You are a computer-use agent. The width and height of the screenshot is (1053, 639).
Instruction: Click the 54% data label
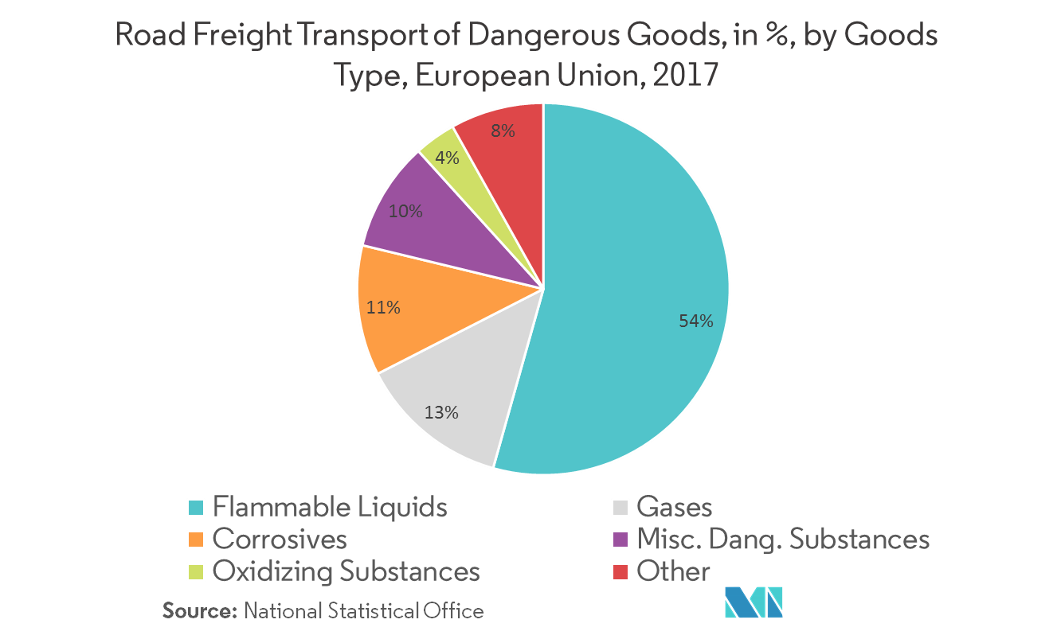coord(695,321)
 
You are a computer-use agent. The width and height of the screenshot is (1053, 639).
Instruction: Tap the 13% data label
coord(440,412)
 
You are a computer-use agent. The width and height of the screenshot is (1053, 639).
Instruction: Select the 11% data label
coord(382,306)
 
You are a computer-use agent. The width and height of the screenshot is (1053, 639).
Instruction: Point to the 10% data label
coord(405,212)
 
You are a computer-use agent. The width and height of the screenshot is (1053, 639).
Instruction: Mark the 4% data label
coord(447,158)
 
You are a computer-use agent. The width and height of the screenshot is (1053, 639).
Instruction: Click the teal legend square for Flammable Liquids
coord(197,508)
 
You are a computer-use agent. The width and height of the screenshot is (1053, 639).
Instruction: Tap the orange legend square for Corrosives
coord(197,540)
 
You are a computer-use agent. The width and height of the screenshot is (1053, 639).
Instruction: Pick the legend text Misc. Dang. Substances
coord(783,540)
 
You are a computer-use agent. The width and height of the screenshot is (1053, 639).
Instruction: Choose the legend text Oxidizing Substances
coord(346,571)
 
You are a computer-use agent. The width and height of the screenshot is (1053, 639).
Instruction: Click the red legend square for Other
coord(621,571)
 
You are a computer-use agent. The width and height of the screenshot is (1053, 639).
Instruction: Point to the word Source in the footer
coord(200,611)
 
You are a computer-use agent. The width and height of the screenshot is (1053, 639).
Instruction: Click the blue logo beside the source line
coord(754,602)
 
